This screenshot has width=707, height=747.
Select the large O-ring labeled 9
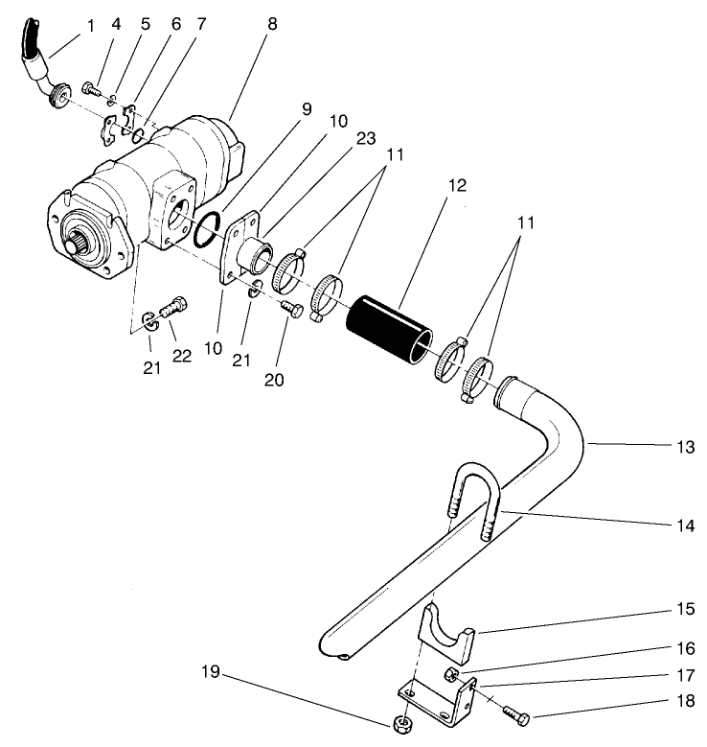(208, 231)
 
